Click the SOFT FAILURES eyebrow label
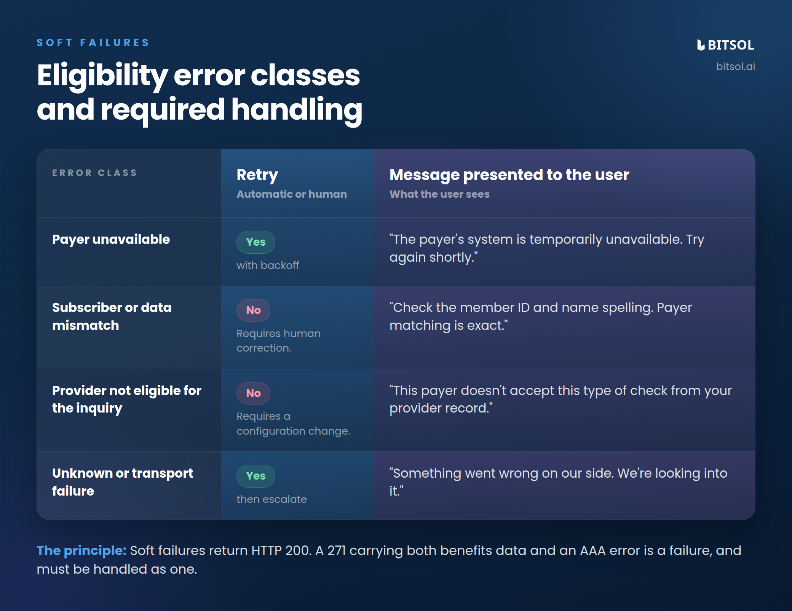click(x=93, y=43)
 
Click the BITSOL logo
click(x=726, y=45)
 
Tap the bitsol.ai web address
click(x=736, y=67)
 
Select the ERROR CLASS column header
click(x=94, y=173)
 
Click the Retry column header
click(x=257, y=175)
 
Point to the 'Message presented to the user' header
click(x=509, y=175)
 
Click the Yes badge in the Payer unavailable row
click(x=256, y=242)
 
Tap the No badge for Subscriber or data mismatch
click(x=254, y=310)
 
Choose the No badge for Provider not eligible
click(x=254, y=393)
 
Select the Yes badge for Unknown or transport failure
click(x=256, y=476)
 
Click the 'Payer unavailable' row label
click(x=111, y=240)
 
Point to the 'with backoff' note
click(x=268, y=266)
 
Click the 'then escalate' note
click(x=271, y=499)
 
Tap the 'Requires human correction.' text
click(x=278, y=341)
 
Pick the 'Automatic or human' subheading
click(x=292, y=194)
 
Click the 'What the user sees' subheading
click(x=439, y=194)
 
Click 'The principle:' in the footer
click(x=81, y=551)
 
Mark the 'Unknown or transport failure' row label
click(x=123, y=482)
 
